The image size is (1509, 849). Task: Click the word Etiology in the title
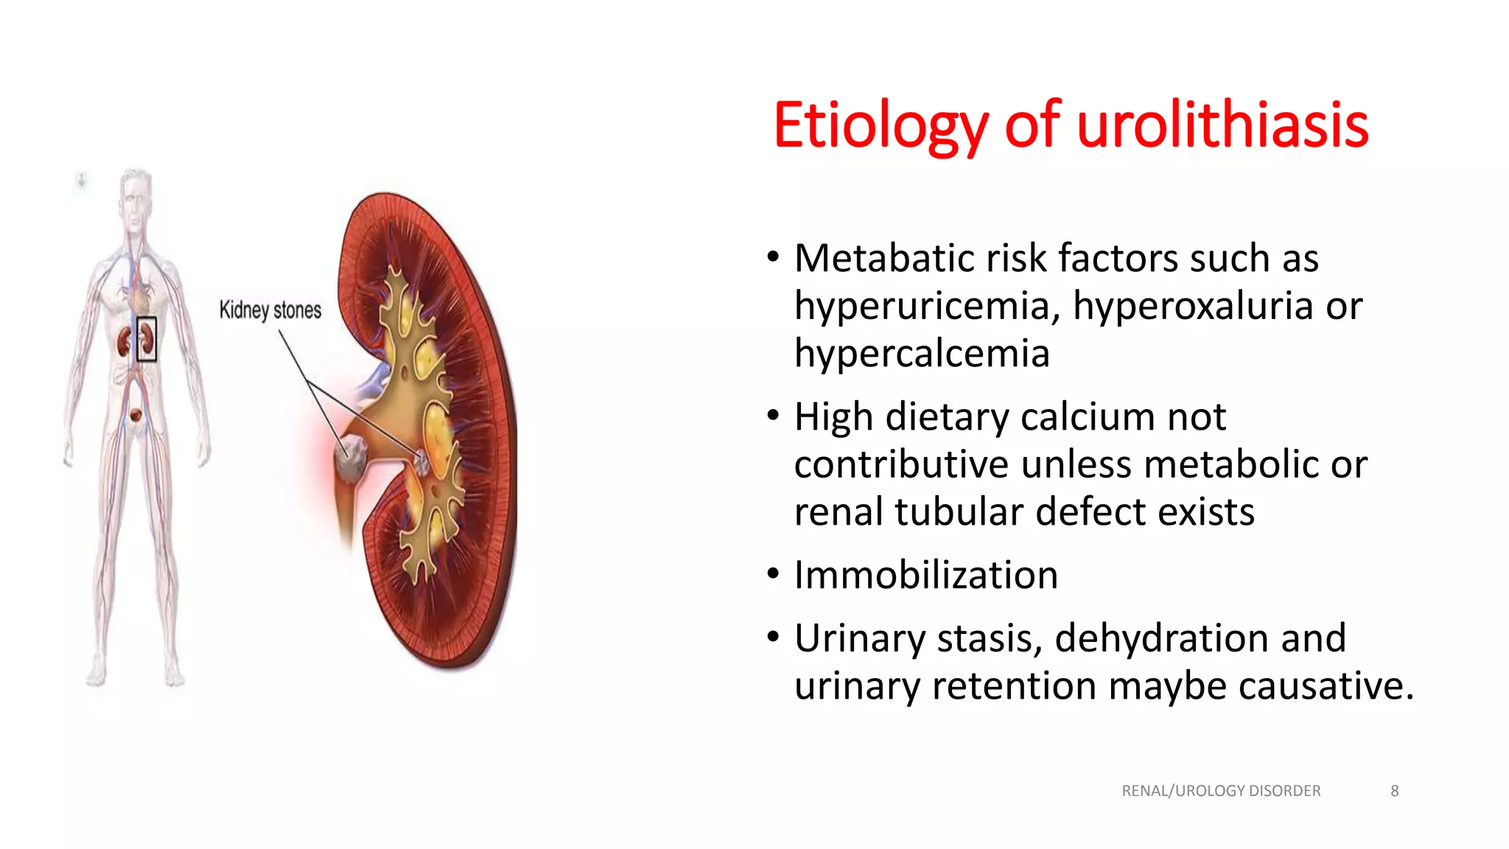click(x=880, y=125)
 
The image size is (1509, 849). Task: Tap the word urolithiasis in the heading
click(x=1222, y=125)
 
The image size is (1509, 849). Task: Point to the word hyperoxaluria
click(x=1192, y=306)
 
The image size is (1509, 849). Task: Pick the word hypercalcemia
click(x=922, y=354)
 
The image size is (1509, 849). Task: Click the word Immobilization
click(x=926, y=576)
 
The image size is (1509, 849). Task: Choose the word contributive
click(x=901, y=464)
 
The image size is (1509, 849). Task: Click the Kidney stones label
click(x=270, y=310)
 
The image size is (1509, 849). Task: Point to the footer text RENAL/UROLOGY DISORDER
click(x=1221, y=791)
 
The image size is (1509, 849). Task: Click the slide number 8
click(x=1394, y=791)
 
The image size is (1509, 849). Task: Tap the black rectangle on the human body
click(x=147, y=339)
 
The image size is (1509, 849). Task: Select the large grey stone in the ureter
click(x=351, y=456)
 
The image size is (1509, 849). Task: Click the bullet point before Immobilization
click(x=772, y=574)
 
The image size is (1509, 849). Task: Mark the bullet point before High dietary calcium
click(x=772, y=416)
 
